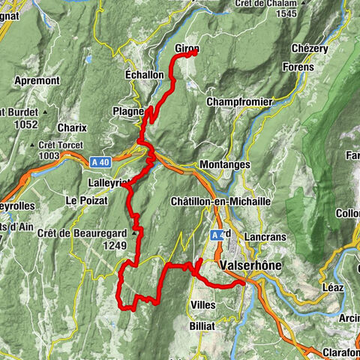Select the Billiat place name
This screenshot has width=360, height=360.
click(x=202, y=327)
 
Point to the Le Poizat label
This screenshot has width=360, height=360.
click(x=82, y=200)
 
